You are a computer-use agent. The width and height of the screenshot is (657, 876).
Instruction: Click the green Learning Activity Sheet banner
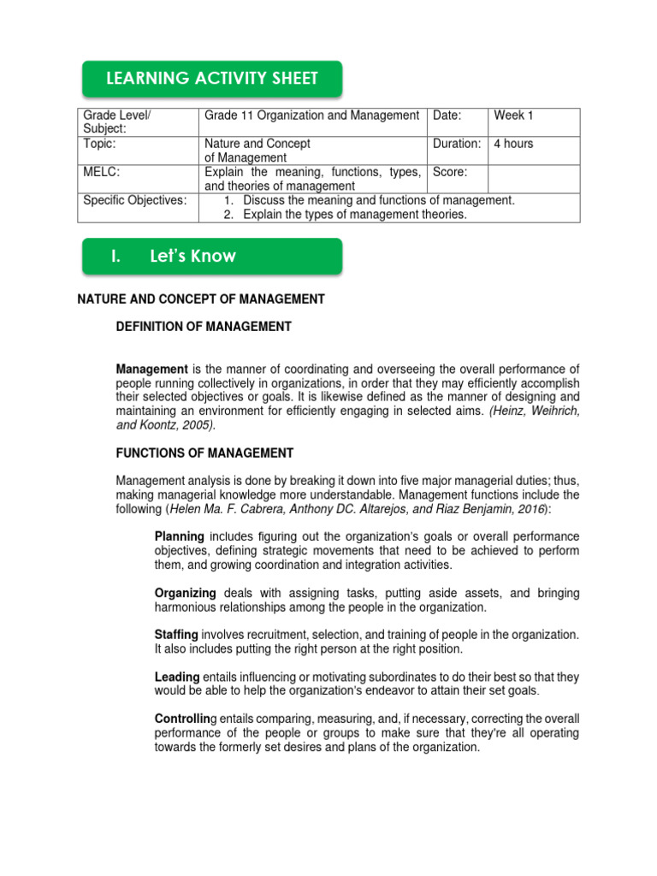pos(211,79)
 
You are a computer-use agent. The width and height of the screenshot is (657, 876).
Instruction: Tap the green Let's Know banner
pos(211,257)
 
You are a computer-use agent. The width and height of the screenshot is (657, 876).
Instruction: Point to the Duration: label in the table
pos(457,144)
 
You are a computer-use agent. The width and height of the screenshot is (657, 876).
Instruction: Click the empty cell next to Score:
pos(534,179)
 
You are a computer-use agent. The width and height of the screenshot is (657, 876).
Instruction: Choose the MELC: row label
pos(102,172)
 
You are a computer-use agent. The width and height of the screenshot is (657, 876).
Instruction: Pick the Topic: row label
pos(100,144)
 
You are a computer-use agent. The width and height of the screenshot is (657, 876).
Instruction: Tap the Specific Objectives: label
pos(134,200)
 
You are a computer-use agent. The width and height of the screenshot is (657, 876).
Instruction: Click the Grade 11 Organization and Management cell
pos(311,115)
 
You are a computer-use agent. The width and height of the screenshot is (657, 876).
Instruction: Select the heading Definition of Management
pos(204,327)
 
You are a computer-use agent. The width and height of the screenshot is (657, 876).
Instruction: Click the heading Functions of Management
pos(204,453)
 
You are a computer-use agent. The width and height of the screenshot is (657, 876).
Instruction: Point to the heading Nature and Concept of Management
pos(201,299)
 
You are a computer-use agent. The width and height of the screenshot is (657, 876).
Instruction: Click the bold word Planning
pos(179,536)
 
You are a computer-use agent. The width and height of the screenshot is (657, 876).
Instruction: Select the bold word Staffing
pos(176,634)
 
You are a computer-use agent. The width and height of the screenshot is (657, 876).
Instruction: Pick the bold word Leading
pos(177,677)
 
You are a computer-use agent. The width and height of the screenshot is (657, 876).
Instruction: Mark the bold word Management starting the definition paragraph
pos(151,369)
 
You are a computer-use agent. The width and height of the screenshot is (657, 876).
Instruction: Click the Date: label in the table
pos(447,115)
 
